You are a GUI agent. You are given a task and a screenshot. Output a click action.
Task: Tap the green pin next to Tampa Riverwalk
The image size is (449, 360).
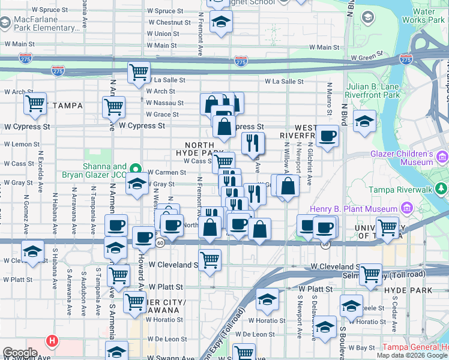(x=442, y=190)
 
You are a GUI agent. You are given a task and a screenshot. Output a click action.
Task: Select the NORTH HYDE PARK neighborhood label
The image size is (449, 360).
(x=199, y=149)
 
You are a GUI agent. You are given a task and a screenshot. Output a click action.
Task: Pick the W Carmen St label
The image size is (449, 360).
(x=166, y=172)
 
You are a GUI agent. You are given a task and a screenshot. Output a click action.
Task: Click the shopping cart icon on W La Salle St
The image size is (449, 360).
(x=139, y=73)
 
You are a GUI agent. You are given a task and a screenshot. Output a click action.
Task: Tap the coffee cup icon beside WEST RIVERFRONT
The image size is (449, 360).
(x=327, y=136)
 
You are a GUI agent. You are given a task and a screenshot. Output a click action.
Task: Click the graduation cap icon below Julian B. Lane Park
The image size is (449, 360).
(x=364, y=121)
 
